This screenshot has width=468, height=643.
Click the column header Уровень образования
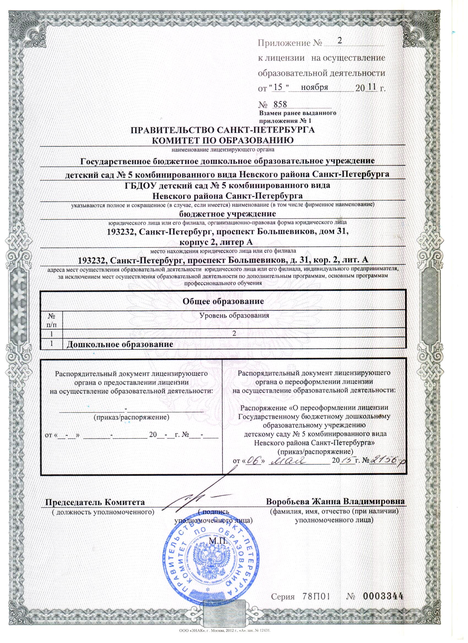234,315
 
